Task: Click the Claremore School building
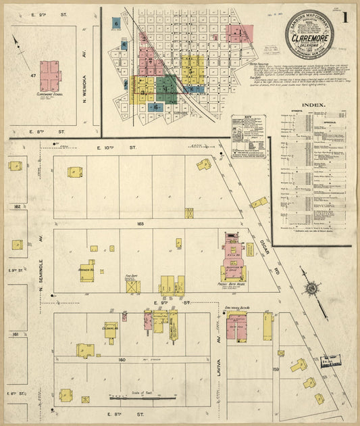point(50,76)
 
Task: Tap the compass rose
point(311,289)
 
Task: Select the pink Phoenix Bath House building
point(232,260)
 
